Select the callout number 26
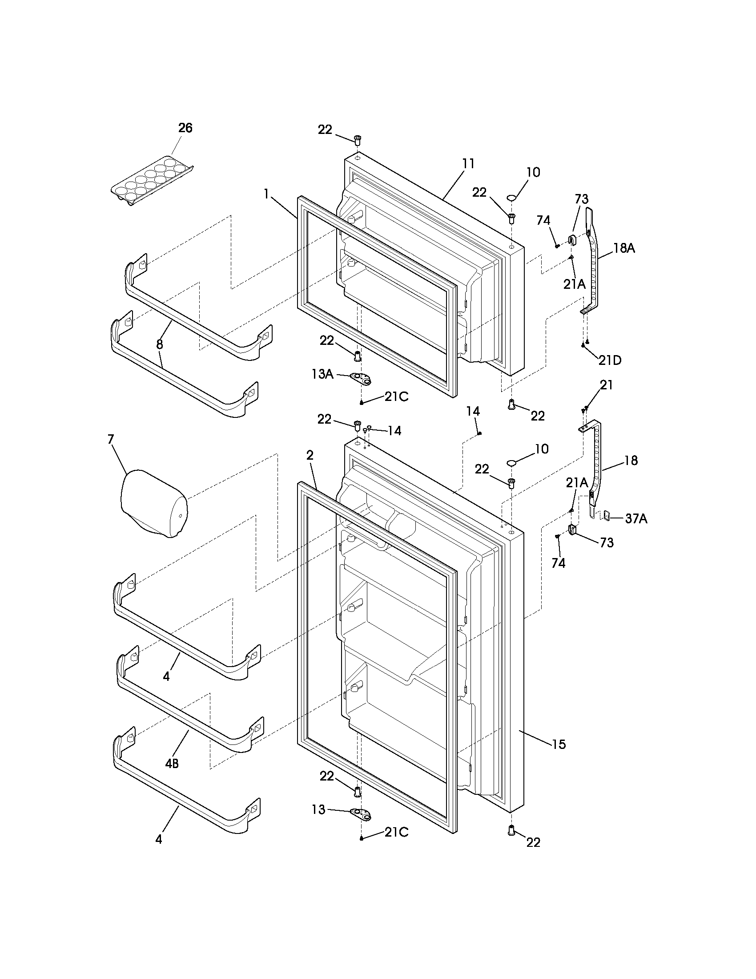coord(185,128)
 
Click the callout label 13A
coord(322,374)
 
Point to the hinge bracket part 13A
coord(361,379)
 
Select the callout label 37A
coord(636,518)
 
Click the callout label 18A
coord(623,248)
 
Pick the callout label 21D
coord(610,360)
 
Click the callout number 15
coord(559,744)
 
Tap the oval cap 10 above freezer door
coord(511,197)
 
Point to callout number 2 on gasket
coord(310,455)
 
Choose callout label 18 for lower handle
coord(631,461)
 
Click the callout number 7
coord(110,439)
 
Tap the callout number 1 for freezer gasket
coord(266,194)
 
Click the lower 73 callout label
coord(607,542)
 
